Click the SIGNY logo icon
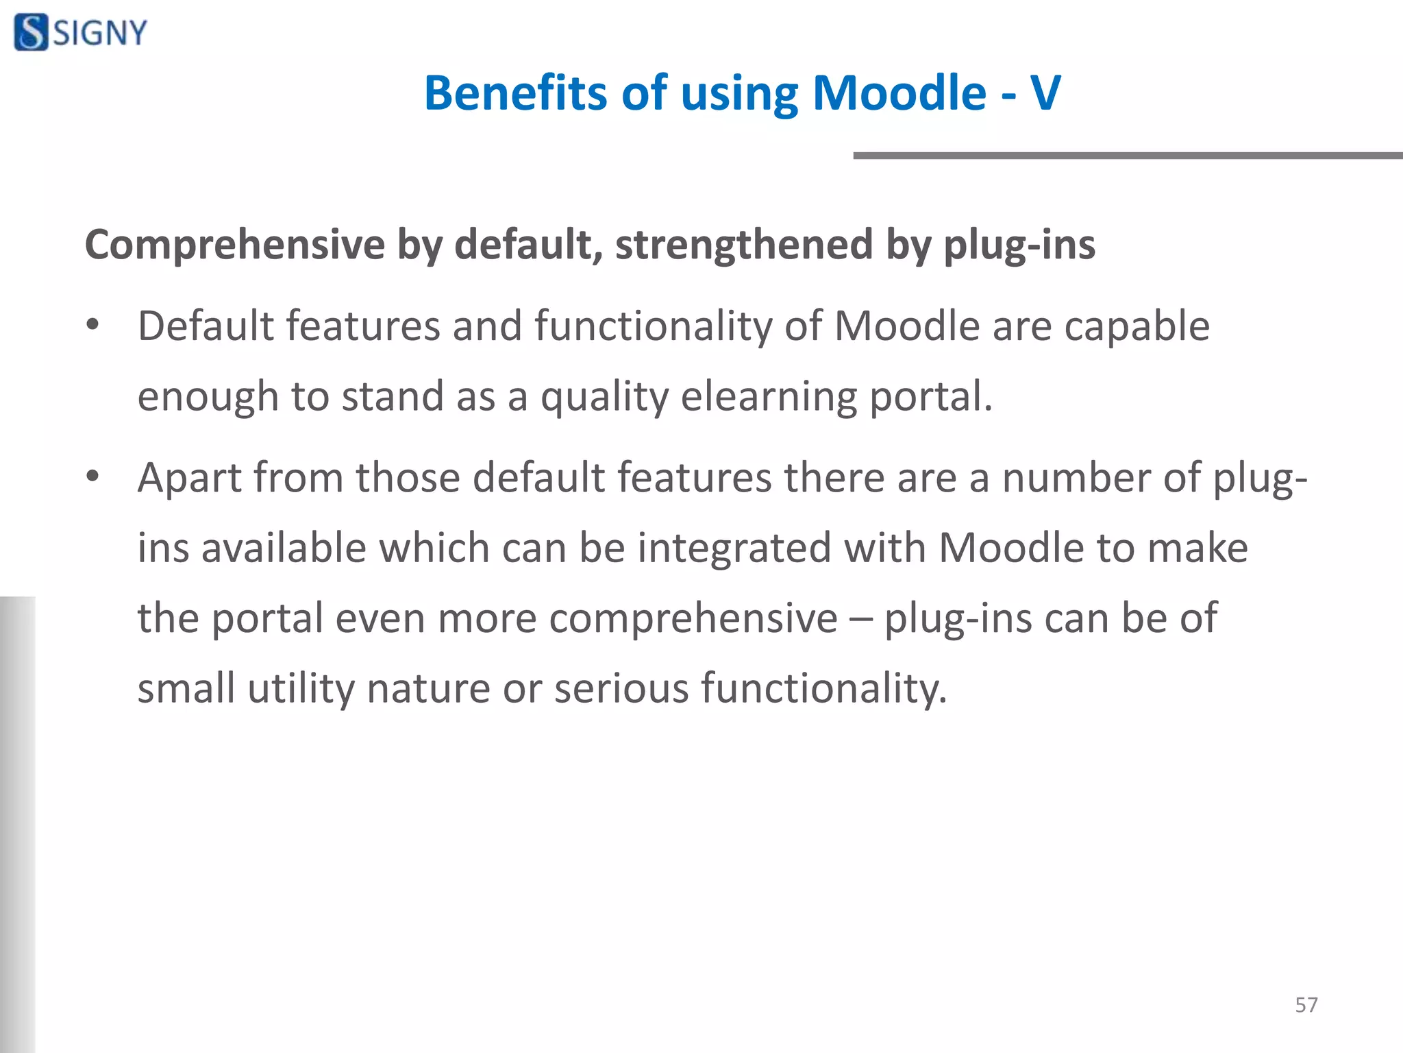pyautogui.click(x=32, y=32)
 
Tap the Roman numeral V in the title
pyautogui.click(x=1045, y=93)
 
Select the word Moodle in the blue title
pyautogui.click(x=899, y=93)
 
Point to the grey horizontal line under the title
pyautogui.click(x=1128, y=156)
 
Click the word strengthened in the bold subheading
pyautogui.click(x=744, y=245)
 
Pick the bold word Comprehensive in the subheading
pyautogui.click(x=235, y=245)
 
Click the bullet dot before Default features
pyautogui.click(x=93, y=325)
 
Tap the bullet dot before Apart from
pyautogui.click(x=93, y=476)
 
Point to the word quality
pyautogui.click(x=604, y=398)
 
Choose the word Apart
pyautogui.click(x=189, y=478)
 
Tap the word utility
pyautogui.click(x=301, y=688)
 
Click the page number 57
pyautogui.click(x=1306, y=1005)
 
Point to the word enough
pyautogui.click(x=207, y=398)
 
